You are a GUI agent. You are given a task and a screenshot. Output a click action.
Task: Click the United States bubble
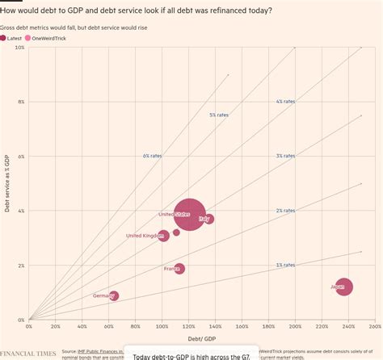tap(189, 215)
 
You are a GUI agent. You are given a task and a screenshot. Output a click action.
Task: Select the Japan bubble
tap(344, 286)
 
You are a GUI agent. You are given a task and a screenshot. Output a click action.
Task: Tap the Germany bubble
tap(114, 296)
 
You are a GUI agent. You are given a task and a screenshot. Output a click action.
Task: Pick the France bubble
tap(179, 269)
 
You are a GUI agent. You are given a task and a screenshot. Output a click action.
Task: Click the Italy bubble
tap(208, 219)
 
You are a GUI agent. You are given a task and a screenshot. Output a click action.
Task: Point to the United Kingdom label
tap(143, 236)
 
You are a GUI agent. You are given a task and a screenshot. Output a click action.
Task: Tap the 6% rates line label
tap(152, 155)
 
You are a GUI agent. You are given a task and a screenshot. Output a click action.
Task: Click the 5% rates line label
tap(218, 115)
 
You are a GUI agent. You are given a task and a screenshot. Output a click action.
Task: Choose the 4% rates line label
tap(284, 102)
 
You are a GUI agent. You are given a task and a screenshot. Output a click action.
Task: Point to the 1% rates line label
tap(284, 265)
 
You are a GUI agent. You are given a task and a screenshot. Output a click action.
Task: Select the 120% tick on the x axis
tap(189, 326)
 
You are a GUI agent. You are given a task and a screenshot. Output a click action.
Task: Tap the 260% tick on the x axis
tap(375, 326)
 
